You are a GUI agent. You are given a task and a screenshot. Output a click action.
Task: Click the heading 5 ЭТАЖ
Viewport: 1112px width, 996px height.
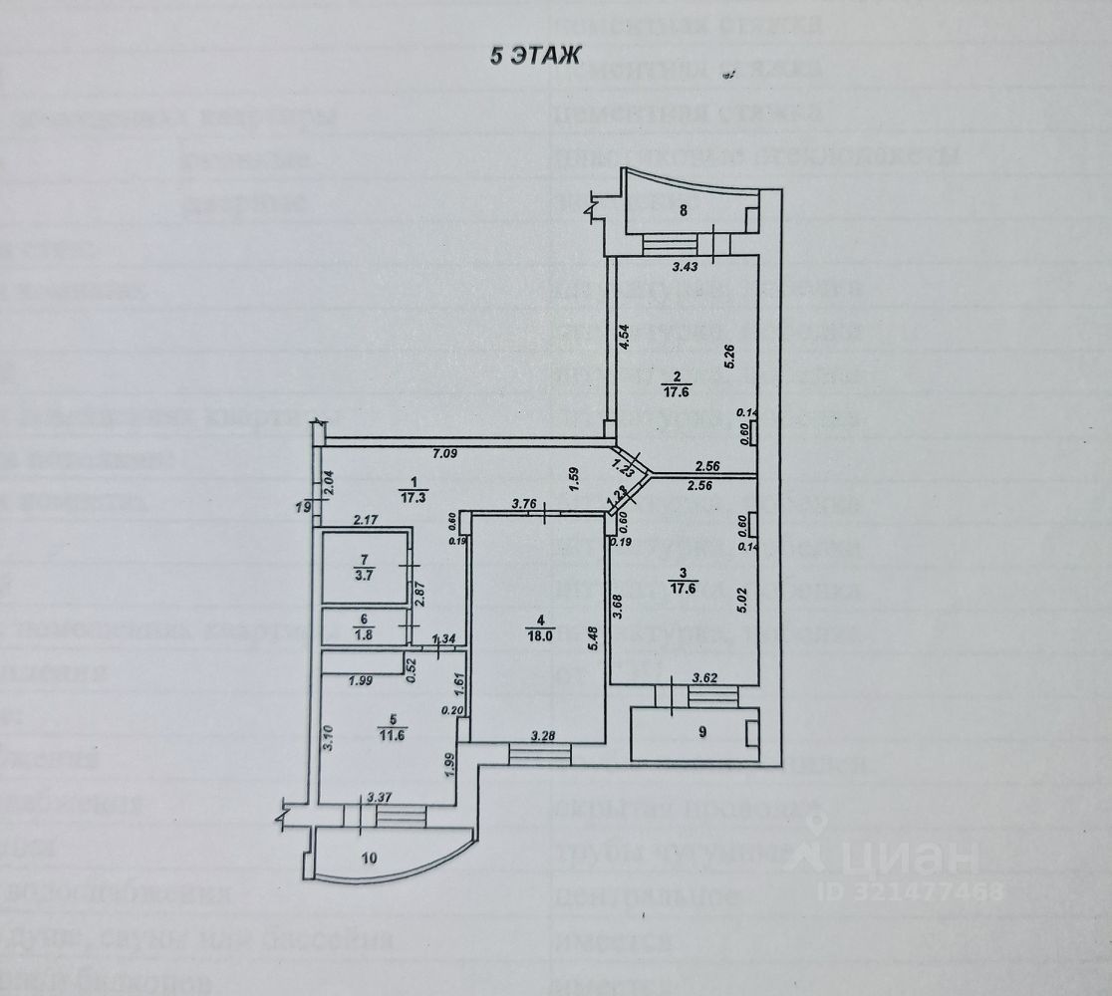point(533,56)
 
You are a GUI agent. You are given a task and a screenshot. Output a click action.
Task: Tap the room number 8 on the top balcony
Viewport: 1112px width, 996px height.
point(684,209)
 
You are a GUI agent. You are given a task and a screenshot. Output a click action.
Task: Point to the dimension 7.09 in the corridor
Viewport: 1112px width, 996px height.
point(445,455)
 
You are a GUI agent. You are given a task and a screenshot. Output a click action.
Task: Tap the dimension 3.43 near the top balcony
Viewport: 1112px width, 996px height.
point(684,267)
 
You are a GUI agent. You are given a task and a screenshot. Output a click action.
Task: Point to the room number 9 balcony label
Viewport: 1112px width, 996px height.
point(701,732)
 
